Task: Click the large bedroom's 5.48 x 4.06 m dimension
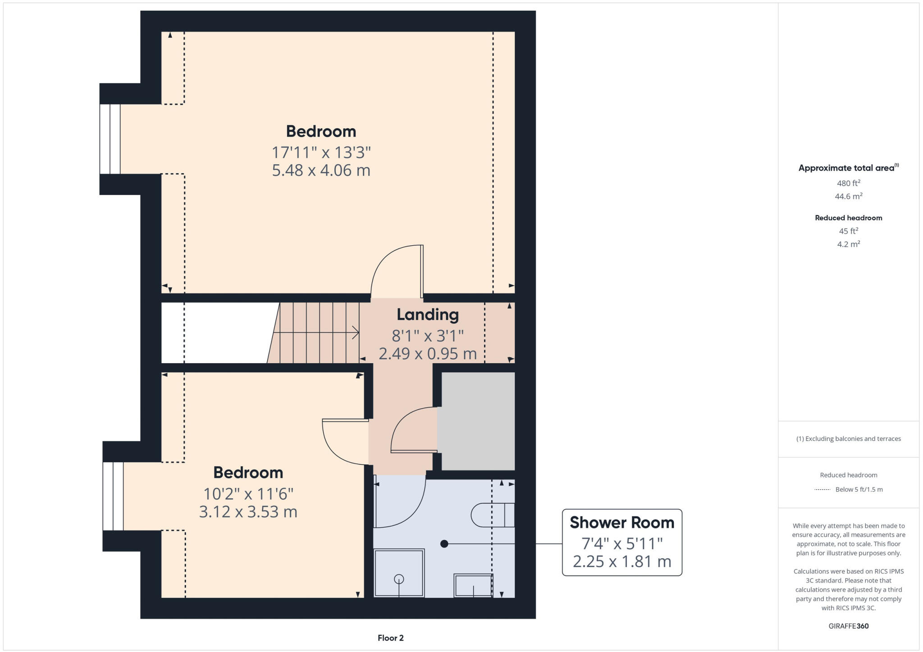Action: pos(321,170)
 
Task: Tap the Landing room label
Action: pos(427,315)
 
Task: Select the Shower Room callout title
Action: pos(621,523)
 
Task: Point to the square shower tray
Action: pos(399,573)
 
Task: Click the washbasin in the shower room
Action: pos(473,585)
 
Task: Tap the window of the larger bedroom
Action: pos(110,139)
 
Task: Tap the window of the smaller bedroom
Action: pos(113,496)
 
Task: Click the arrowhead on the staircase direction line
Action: pos(356,333)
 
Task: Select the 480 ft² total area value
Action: pos(848,183)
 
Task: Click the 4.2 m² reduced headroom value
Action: pos(848,244)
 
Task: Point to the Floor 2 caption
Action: pos(390,638)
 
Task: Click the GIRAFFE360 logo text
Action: pos(848,626)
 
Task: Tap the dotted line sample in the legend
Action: pos(822,489)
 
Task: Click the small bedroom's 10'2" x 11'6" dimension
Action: pos(248,494)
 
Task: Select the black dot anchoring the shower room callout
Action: pos(444,544)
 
